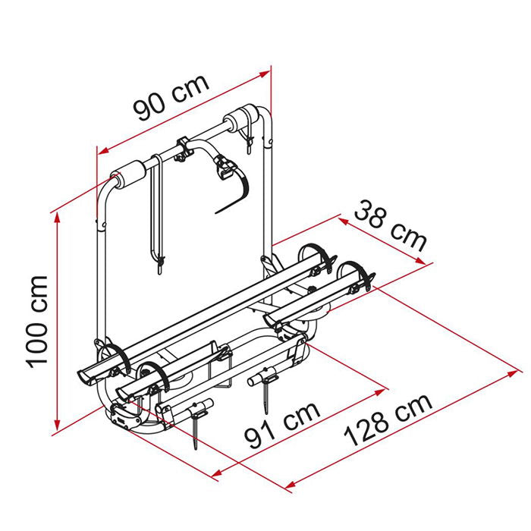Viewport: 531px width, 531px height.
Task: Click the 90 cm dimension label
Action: [171, 98]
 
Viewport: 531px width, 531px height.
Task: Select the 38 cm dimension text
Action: [390, 226]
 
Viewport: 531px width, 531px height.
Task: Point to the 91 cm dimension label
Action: [282, 426]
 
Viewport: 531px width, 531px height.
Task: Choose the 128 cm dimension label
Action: [388, 420]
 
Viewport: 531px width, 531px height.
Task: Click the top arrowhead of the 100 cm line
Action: [57, 218]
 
